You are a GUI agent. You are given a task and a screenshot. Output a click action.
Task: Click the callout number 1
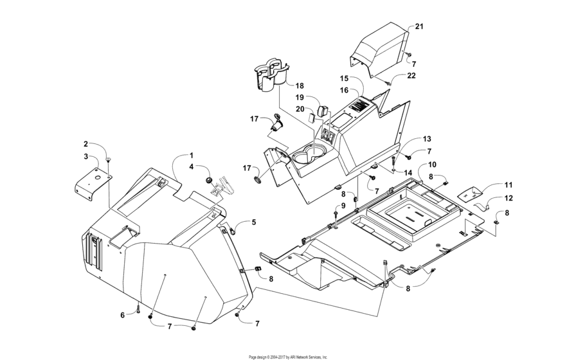click(x=191, y=155)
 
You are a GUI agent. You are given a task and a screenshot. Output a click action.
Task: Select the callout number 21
click(x=419, y=26)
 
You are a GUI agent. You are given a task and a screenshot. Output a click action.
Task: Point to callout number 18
click(x=300, y=85)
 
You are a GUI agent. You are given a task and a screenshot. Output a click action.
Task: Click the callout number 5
click(x=254, y=222)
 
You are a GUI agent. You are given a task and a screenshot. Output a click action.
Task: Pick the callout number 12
click(x=508, y=198)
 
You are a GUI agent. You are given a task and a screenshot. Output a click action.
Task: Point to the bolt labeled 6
click(x=138, y=310)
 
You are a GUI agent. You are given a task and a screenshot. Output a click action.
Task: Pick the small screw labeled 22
click(x=390, y=83)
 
